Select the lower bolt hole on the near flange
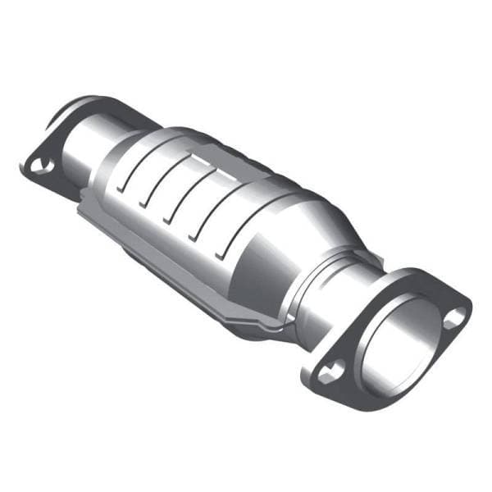(330, 373)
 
